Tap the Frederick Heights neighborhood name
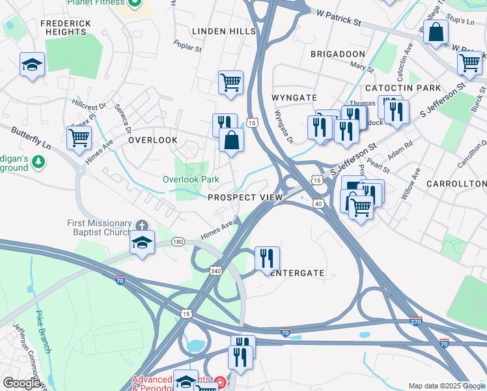point(65,27)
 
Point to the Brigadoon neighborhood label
point(337,53)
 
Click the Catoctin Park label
point(403,87)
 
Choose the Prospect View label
point(245,197)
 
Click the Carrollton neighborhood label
point(456,184)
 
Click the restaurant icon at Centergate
point(267,257)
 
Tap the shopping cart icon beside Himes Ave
point(79,137)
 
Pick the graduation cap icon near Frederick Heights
point(32,65)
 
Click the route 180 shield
point(178,242)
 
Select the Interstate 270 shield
point(417,321)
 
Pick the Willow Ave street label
point(411,174)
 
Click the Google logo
point(21,383)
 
